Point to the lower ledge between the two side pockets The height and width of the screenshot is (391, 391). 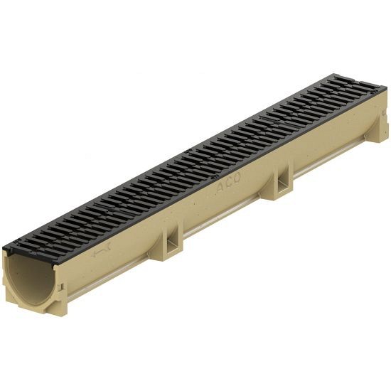click(227, 216)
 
